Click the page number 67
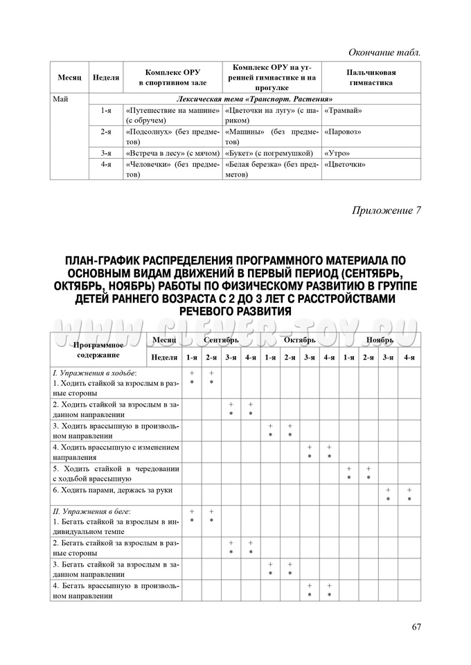[416, 628]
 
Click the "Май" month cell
[61, 99]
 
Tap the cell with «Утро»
[337, 152]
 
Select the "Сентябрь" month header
[221, 341]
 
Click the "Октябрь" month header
[299, 341]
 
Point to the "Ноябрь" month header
[380, 341]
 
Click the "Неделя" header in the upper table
[106, 77]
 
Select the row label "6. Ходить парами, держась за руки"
[114, 490]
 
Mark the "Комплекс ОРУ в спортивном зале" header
[171, 77]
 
